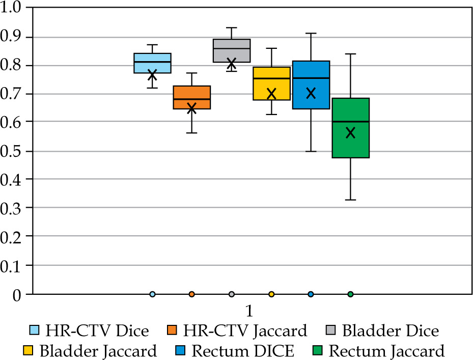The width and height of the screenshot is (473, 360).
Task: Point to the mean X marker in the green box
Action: tap(350, 133)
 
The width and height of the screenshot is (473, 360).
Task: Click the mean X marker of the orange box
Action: tap(192, 108)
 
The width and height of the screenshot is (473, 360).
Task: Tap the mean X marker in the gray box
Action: tap(232, 63)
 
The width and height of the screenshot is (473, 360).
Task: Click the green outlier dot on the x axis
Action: tap(350, 294)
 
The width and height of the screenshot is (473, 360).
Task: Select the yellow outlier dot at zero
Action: tap(271, 294)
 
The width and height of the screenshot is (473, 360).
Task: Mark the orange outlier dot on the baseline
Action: tap(192, 294)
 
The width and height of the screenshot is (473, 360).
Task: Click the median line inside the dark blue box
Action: tap(311, 78)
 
